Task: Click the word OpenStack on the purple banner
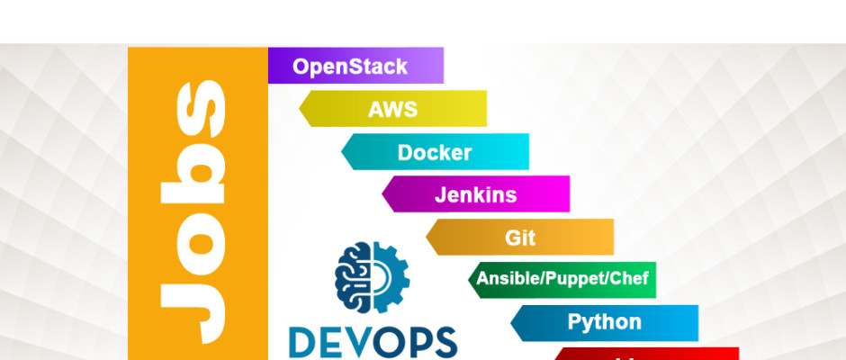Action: pyautogui.click(x=350, y=67)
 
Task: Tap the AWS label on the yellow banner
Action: pyautogui.click(x=393, y=110)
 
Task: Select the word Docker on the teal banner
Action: pyautogui.click(x=435, y=152)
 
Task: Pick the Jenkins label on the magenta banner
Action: pyautogui.click(x=476, y=194)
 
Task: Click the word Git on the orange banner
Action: pyautogui.click(x=520, y=238)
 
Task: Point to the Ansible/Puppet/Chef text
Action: pyautogui.click(x=562, y=279)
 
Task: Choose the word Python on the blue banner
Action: pyautogui.click(x=604, y=322)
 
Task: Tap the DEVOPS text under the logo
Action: pyautogui.click(x=373, y=343)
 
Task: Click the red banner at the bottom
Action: pyautogui.click(x=648, y=354)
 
